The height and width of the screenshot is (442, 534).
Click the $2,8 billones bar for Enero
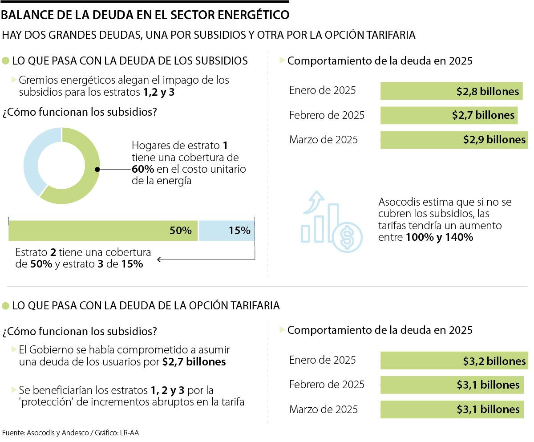[x=451, y=91]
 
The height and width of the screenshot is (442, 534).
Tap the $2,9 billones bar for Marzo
[x=454, y=140]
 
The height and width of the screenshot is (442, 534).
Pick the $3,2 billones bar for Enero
[x=454, y=361]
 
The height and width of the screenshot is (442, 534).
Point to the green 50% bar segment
[x=103, y=231]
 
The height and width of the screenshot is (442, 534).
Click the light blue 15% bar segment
[x=227, y=231]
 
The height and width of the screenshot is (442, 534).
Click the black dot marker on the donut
[x=97, y=169]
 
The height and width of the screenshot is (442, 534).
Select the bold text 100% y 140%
[x=439, y=238]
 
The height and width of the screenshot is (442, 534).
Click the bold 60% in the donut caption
[x=143, y=169]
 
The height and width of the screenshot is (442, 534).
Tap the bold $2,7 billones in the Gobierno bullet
[x=194, y=362]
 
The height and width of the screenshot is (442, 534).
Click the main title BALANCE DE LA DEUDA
[x=145, y=15]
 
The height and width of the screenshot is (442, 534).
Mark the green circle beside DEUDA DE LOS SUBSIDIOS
[x=6, y=61]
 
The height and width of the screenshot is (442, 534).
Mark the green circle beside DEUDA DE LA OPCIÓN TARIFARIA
[x=6, y=306]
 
